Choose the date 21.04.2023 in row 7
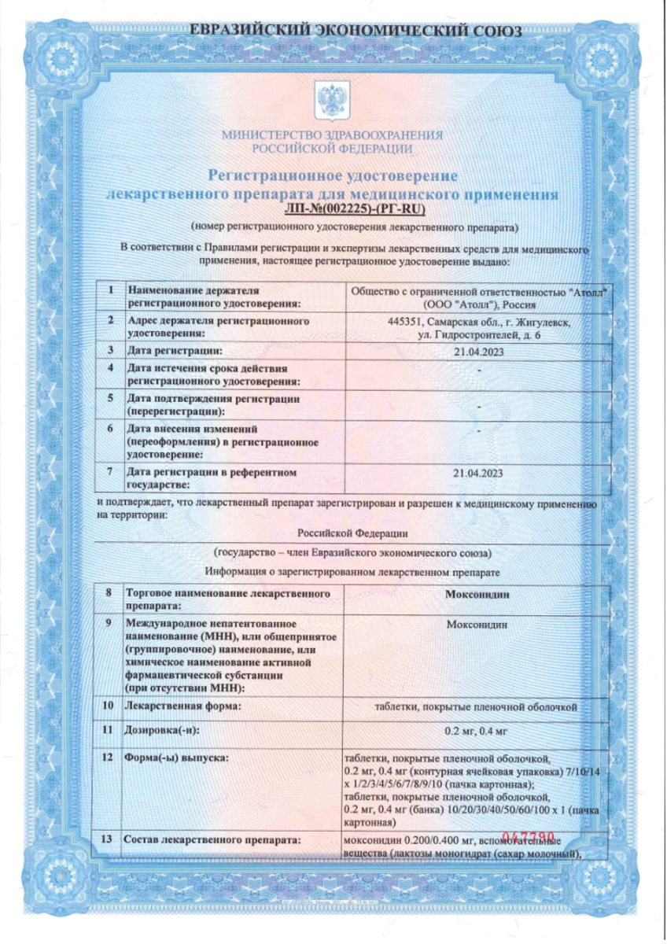tap(478, 473)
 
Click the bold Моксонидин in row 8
tap(477, 594)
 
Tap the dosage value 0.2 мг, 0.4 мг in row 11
tap(477, 731)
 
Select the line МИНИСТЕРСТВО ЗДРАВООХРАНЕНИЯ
tap(333, 135)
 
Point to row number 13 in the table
tap(109, 841)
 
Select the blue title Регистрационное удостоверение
tap(333, 175)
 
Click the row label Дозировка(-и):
tap(163, 731)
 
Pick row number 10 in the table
tap(109, 706)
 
